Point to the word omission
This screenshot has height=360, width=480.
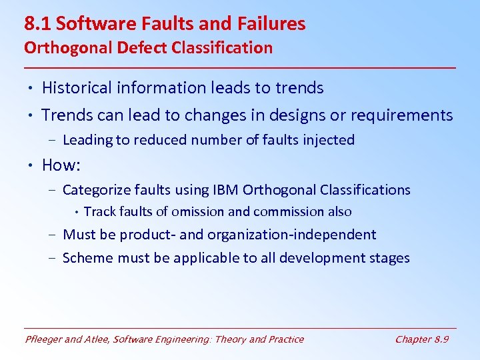198,212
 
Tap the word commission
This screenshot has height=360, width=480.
289,212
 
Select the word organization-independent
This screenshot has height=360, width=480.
291,235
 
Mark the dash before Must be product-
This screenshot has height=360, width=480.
52,235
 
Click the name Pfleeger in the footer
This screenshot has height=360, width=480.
46,339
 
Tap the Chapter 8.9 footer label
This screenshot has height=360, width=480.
421,339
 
